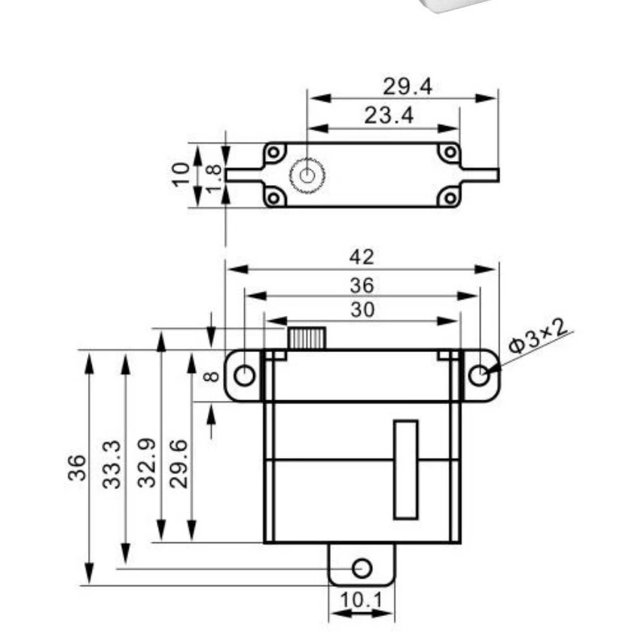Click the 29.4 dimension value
click(407, 87)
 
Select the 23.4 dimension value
click(389, 116)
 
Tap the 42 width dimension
click(362, 257)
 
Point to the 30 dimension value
click(362, 309)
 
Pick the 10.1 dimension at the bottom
click(362, 600)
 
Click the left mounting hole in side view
click(244, 375)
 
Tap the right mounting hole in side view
click(480, 375)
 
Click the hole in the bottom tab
click(362, 567)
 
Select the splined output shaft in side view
click(306, 338)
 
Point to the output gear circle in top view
click(307, 175)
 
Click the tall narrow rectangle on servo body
click(405, 469)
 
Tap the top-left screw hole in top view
click(274, 153)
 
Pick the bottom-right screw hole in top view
click(450, 198)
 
